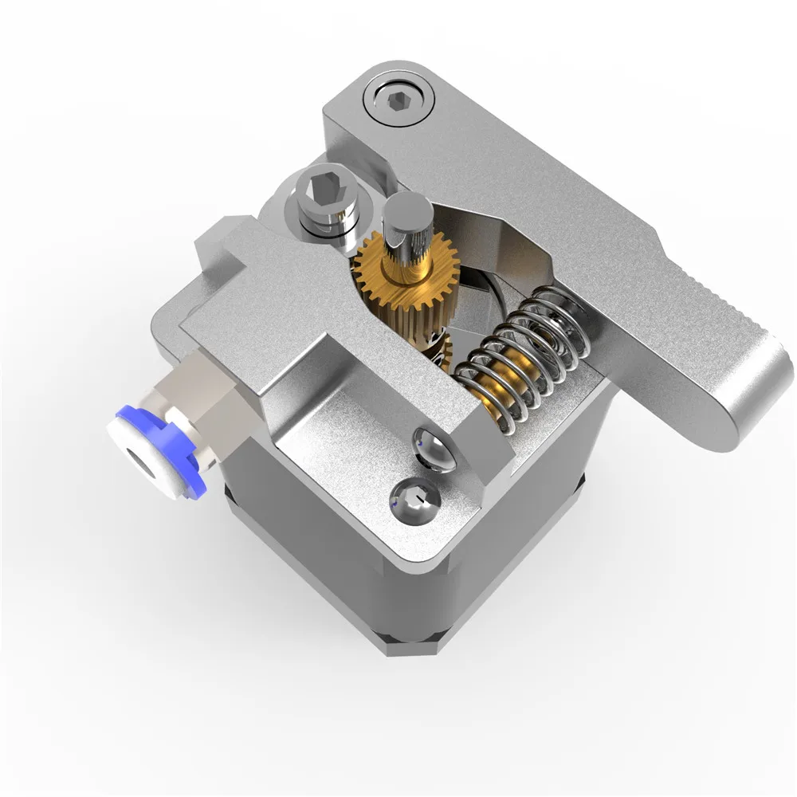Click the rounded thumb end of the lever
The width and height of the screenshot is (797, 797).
pos(749,391)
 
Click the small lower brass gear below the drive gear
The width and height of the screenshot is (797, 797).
pos(434,351)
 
